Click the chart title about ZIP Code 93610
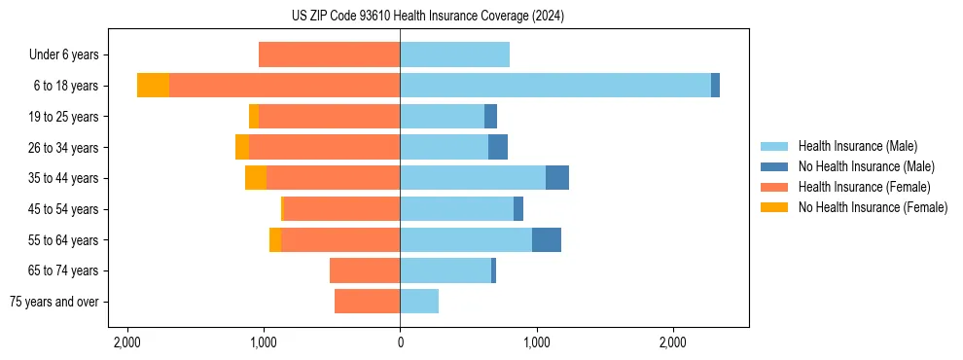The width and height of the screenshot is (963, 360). coord(427,17)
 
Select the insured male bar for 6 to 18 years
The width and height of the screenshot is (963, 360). coord(554,86)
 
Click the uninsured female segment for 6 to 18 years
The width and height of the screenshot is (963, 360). coord(153,86)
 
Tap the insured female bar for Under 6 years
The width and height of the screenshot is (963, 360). coord(329,54)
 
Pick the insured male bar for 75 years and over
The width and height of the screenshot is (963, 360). coord(419,302)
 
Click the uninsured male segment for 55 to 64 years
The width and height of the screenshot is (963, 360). coord(547,239)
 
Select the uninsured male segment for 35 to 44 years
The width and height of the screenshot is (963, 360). coord(557,178)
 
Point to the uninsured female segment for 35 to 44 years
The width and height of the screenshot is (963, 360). coord(256,178)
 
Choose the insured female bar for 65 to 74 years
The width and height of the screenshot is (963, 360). coord(365,270)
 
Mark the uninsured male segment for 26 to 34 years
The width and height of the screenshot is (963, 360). coord(498,147)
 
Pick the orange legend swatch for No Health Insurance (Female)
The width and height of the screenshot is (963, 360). coord(775,207)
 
